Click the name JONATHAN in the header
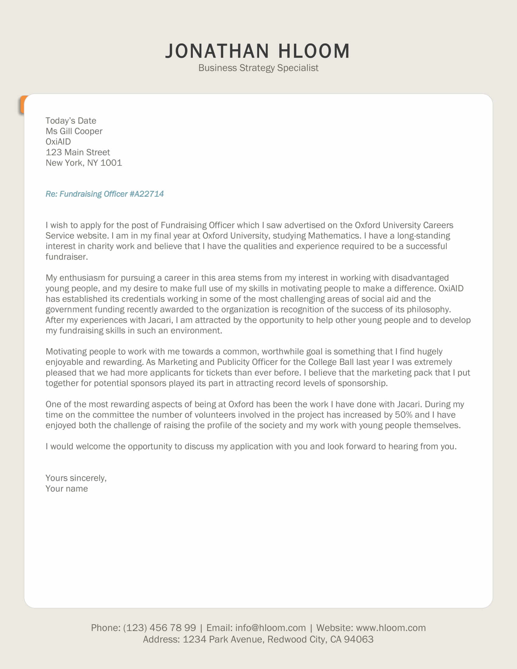coord(217,51)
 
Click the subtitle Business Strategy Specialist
coord(258,68)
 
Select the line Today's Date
coord(71,121)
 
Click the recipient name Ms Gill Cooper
coord(74,131)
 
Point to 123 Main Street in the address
coord(78,152)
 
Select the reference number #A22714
coord(147,194)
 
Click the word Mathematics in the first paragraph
coord(334,236)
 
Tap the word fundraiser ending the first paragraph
coord(67,257)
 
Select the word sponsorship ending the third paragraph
coord(362,383)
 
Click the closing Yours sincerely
coord(76,478)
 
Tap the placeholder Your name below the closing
coord(67,489)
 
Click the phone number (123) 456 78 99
coord(159,628)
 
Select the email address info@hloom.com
coord(270,628)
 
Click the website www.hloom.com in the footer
coord(391,628)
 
